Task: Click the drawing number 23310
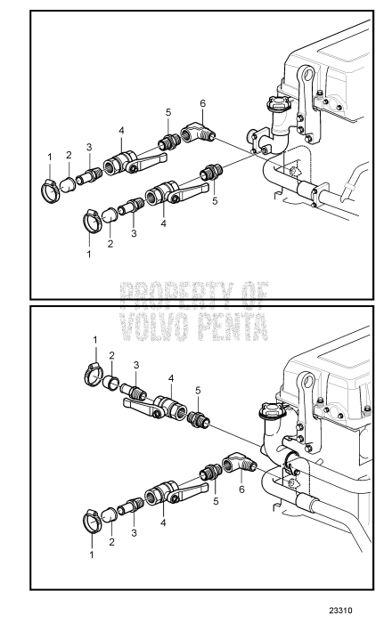pos(340,611)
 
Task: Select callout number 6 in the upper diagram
pos(202,103)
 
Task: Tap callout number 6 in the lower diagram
pos(241,489)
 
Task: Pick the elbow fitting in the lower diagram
pos(239,464)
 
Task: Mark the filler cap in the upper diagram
pos(275,103)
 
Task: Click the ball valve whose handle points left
pos(156,407)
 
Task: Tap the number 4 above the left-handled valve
pos(171,378)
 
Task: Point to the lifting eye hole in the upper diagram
pos(306,74)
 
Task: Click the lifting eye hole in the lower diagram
pos(306,381)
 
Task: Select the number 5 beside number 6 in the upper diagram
pos(167,112)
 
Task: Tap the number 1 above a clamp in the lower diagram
pos(95,340)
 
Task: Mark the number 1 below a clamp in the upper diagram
pos(89,254)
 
